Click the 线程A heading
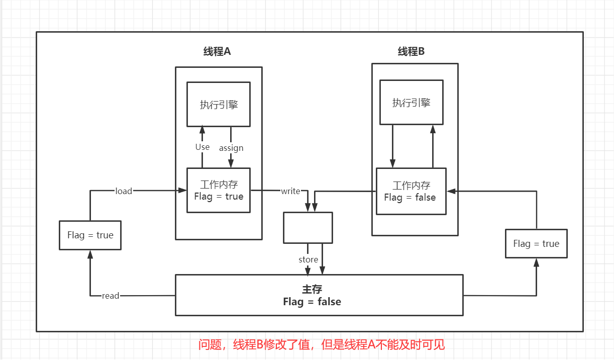tap(217, 51)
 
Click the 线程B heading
tap(412, 51)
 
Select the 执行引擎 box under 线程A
tap(219, 105)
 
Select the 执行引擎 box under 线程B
tap(412, 103)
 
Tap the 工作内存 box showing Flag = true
tap(219, 191)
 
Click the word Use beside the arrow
tap(202, 147)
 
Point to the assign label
tap(231, 148)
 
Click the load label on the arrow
tap(124, 191)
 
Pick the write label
tap(290, 191)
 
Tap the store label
tap(308, 259)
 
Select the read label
tap(111, 296)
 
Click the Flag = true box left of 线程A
tap(90, 235)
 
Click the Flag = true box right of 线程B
tap(536, 244)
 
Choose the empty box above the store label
tap(308, 228)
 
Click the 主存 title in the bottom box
tap(312, 289)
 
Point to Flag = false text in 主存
tap(312, 302)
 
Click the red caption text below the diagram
tap(322, 345)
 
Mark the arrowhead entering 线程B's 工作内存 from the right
tap(451, 191)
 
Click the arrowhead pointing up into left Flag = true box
tap(90, 253)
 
